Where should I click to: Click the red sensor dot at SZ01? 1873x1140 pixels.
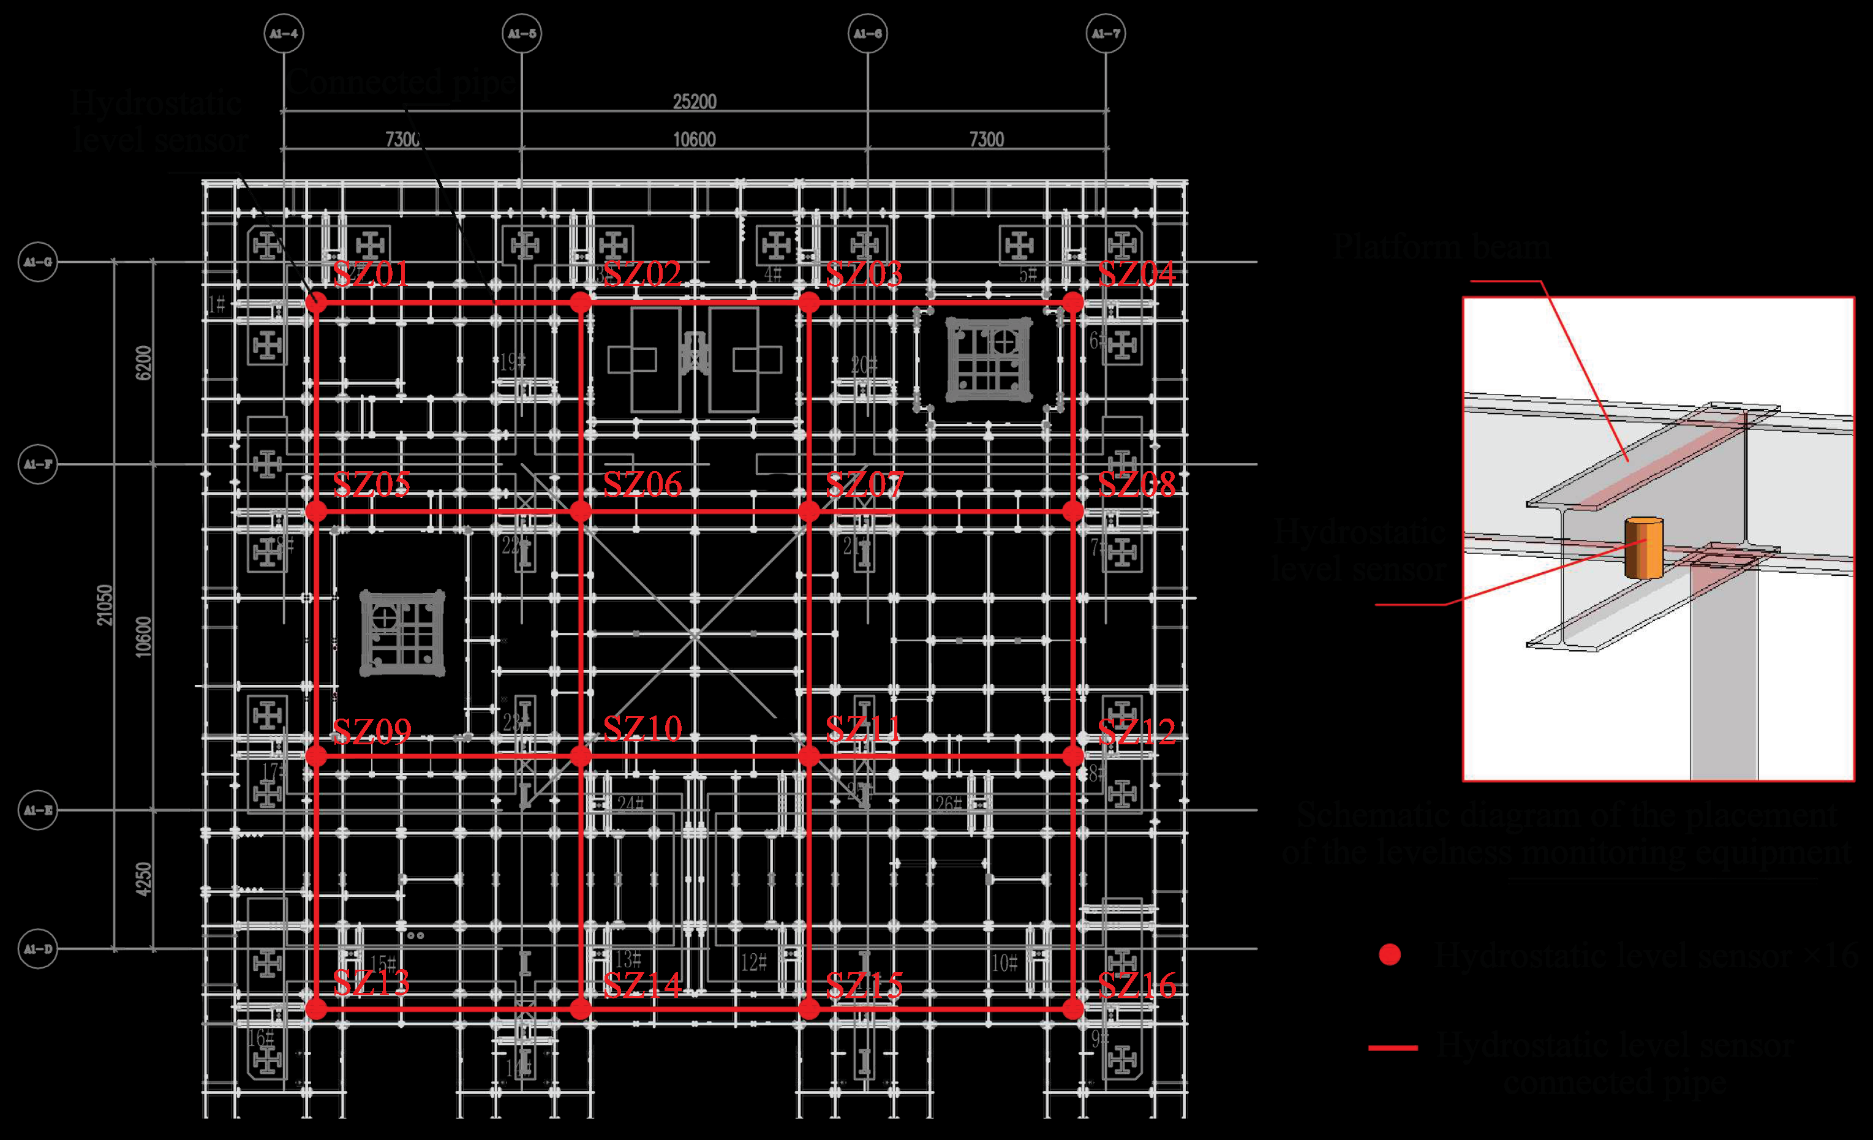[x=316, y=303]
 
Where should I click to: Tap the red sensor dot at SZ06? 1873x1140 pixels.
[x=581, y=511]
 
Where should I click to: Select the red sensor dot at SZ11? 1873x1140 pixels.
[x=808, y=755]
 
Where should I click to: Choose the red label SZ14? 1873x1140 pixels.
[x=643, y=986]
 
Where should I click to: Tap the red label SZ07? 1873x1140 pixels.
[x=864, y=484]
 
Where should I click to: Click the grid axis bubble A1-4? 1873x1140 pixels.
[x=284, y=34]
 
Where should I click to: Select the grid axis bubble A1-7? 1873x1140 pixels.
[x=1106, y=34]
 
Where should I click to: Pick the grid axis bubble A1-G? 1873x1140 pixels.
[x=38, y=262]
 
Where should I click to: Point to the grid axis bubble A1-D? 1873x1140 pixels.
[x=38, y=948]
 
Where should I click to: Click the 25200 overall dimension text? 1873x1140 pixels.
[x=694, y=102]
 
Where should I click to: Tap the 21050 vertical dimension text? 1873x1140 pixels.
[x=104, y=605]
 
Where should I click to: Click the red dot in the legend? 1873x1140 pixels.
[x=1390, y=954]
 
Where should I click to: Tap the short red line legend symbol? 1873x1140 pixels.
[x=1393, y=1048]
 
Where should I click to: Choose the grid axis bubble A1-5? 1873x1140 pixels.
[x=521, y=34]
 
